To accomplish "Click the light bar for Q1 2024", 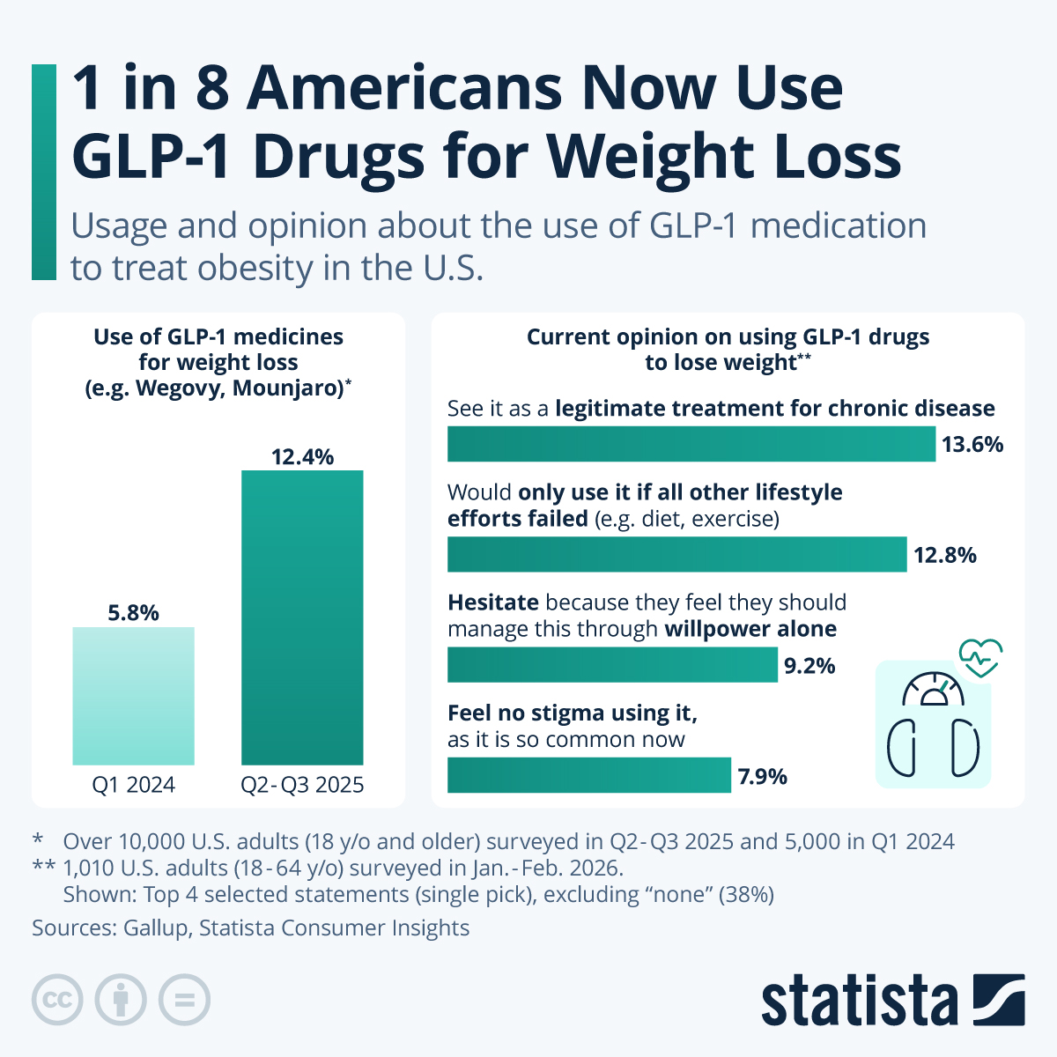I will pos(133,696).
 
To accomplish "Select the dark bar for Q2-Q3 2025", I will pos(302,617).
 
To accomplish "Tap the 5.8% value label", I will pos(133,612).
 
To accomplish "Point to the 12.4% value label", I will pos(302,456).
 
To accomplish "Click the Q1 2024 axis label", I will pos(133,785).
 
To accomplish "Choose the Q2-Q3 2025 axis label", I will pos(302,785).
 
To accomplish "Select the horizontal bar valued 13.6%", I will pos(691,444).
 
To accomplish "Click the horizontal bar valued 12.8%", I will pos(676,554).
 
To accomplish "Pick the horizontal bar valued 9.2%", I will pos(612,665).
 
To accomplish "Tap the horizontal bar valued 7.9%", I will pos(588,775).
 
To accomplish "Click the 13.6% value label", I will pos(972,444).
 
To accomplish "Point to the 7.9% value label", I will pos(762,776).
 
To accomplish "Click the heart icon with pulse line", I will pos(980,656).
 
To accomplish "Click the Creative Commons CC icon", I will pos(57,1000).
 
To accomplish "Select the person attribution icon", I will pos(121,1000).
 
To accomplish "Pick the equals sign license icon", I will pos(184,1000).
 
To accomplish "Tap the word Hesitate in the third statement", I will pos(492,602).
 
